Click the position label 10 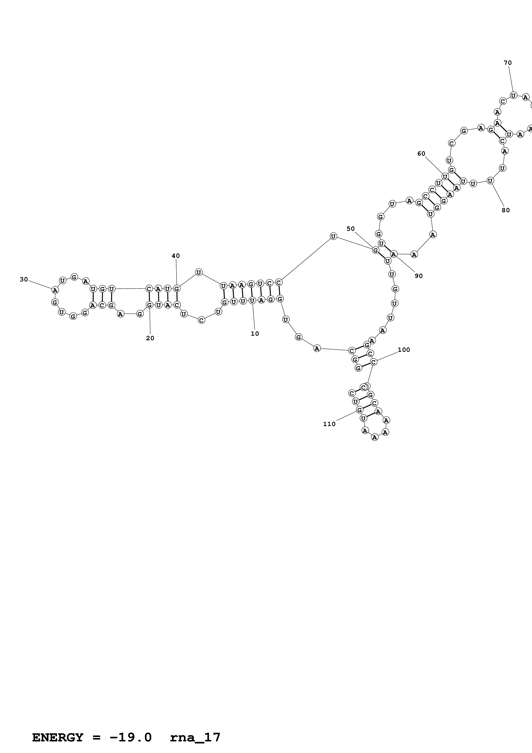click(255, 334)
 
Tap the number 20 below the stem click(150, 338)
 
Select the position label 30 click(24, 279)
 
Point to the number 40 click(176, 256)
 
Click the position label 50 click(350, 229)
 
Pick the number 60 click(421, 153)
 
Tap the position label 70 click(508, 63)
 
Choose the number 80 click(506, 210)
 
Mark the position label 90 click(419, 276)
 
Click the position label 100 click(404, 350)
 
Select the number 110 click(329, 424)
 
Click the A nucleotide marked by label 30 click(55, 290)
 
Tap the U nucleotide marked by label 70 click(513, 96)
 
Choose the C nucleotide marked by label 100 click(373, 362)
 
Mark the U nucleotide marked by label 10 click(252, 301)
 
